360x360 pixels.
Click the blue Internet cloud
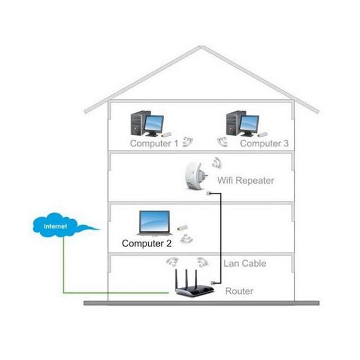(x=55, y=225)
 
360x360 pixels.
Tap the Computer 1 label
(x=154, y=143)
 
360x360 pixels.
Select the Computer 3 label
(x=264, y=143)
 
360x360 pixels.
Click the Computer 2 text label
(x=146, y=243)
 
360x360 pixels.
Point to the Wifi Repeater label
(x=246, y=181)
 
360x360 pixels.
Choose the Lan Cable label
(x=245, y=264)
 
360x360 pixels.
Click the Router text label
(x=239, y=291)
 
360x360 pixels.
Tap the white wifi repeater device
(x=196, y=176)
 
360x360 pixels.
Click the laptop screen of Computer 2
(x=155, y=221)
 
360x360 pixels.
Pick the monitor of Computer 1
(x=154, y=125)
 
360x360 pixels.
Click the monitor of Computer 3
(x=249, y=125)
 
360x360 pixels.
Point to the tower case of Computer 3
(x=234, y=123)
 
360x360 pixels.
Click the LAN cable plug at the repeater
(x=209, y=193)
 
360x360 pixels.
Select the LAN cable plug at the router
(x=213, y=283)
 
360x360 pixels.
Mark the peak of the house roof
(x=201, y=46)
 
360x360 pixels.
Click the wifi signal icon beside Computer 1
(x=187, y=142)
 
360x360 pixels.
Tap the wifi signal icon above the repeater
(x=216, y=163)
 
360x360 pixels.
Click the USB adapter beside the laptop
(x=182, y=228)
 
